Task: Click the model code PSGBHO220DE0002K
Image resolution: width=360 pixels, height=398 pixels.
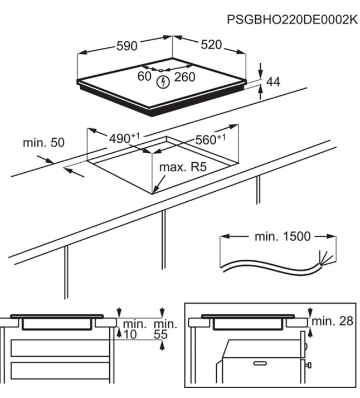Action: (292, 20)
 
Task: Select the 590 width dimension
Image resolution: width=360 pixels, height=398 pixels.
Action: (127, 46)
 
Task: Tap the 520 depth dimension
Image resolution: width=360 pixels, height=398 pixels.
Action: (211, 45)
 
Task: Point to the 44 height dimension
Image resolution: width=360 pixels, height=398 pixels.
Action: (274, 82)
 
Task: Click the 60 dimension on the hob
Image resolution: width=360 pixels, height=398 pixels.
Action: (144, 76)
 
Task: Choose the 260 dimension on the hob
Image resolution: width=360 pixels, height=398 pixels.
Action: (184, 77)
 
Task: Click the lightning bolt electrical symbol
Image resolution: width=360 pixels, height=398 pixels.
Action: (163, 82)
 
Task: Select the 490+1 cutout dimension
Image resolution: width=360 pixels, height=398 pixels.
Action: (124, 138)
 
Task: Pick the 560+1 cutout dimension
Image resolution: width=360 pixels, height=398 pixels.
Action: (210, 139)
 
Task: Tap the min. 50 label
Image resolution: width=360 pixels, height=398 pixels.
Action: (43, 143)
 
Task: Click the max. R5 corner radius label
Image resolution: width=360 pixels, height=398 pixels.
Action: (183, 167)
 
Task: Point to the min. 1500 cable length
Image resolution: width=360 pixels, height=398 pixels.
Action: (283, 236)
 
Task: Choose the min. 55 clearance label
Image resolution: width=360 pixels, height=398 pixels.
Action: (166, 329)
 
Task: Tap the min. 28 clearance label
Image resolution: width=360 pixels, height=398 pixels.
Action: (332, 321)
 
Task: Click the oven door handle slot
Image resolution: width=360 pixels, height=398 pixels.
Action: (260, 363)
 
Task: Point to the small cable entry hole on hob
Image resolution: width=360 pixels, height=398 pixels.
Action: (160, 71)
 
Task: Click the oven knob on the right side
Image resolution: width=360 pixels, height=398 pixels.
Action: (308, 366)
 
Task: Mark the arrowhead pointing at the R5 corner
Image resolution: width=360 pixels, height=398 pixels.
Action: (155, 191)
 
